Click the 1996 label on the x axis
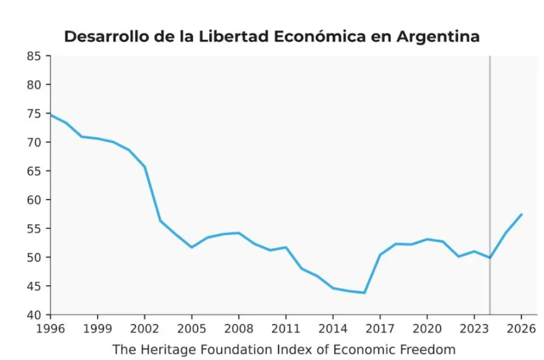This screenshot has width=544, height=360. (50, 330)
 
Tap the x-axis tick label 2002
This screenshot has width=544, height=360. (144, 330)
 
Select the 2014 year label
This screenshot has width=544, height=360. (332, 330)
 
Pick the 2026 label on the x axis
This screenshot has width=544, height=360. (521, 330)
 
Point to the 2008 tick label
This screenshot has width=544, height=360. (239, 330)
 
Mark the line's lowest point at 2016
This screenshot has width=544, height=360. (364, 292)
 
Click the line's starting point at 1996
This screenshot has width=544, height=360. (51, 115)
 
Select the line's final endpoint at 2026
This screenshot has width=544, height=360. (521, 215)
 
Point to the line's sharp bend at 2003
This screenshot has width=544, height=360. (160, 221)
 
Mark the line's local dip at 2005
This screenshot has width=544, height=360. (191, 247)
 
